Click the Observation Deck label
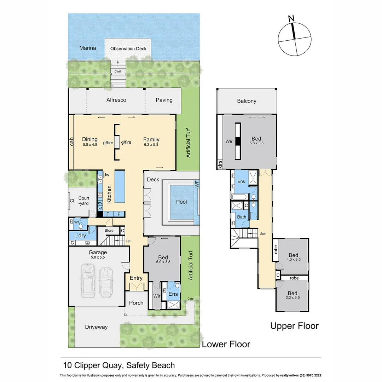click(128, 48)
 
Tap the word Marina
click(88, 48)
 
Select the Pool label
click(181, 202)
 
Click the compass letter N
click(291, 18)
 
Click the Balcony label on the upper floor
click(247, 101)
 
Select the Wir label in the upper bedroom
click(229, 141)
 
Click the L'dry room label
click(80, 235)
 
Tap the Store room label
click(109, 231)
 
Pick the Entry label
click(136, 278)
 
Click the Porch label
click(136, 303)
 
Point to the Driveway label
click(96, 327)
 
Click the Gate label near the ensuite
click(191, 299)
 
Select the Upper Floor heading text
click(294, 326)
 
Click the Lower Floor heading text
click(226, 344)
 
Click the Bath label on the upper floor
click(242, 217)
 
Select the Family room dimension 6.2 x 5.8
click(151, 144)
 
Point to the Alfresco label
click(116, 100)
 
